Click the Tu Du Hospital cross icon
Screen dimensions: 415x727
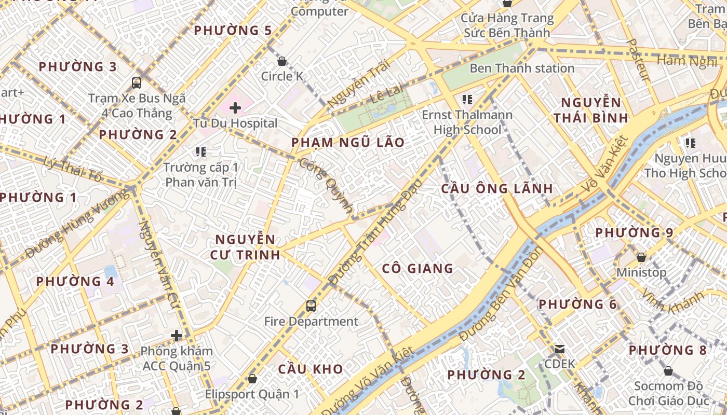tap(235, 108)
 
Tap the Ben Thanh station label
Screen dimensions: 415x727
tap(522, 68)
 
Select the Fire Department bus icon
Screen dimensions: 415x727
tap(311, 306)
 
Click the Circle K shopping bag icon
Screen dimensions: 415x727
tap(282, 61)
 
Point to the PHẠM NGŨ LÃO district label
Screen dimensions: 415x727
tap(347, 143)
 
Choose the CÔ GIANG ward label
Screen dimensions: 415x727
tap(418, 268)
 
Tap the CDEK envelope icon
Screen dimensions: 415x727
tap(559, 349)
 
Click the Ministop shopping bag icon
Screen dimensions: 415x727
tap(641, 257)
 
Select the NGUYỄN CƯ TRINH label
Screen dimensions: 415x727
tap(245, 247)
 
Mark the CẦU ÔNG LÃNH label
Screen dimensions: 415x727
tap(497, 188)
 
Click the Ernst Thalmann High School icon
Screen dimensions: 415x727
tap(467, 99)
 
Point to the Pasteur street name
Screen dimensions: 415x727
tap(639, 60)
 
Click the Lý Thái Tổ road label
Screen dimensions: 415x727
tap(73, 169)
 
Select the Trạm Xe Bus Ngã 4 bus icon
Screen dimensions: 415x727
tap(137, 82)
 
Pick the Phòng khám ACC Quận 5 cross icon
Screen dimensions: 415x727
tap(177, 335)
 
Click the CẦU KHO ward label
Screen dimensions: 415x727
tap(310, 369)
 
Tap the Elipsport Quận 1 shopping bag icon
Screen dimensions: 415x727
tap(252, 379)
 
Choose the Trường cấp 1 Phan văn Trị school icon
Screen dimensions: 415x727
tap(201, 152)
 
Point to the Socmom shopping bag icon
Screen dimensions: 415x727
tap(668, 371)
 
